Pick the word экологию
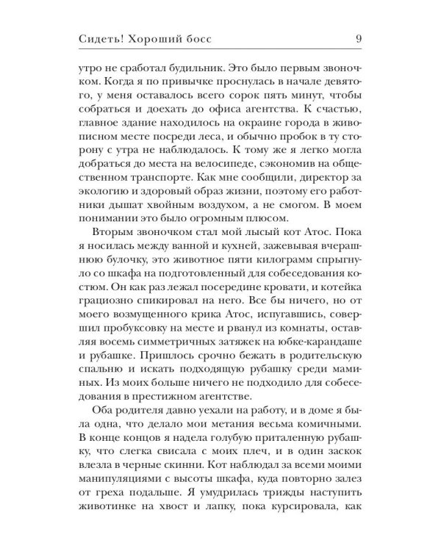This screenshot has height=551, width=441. [x=105, y=206]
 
